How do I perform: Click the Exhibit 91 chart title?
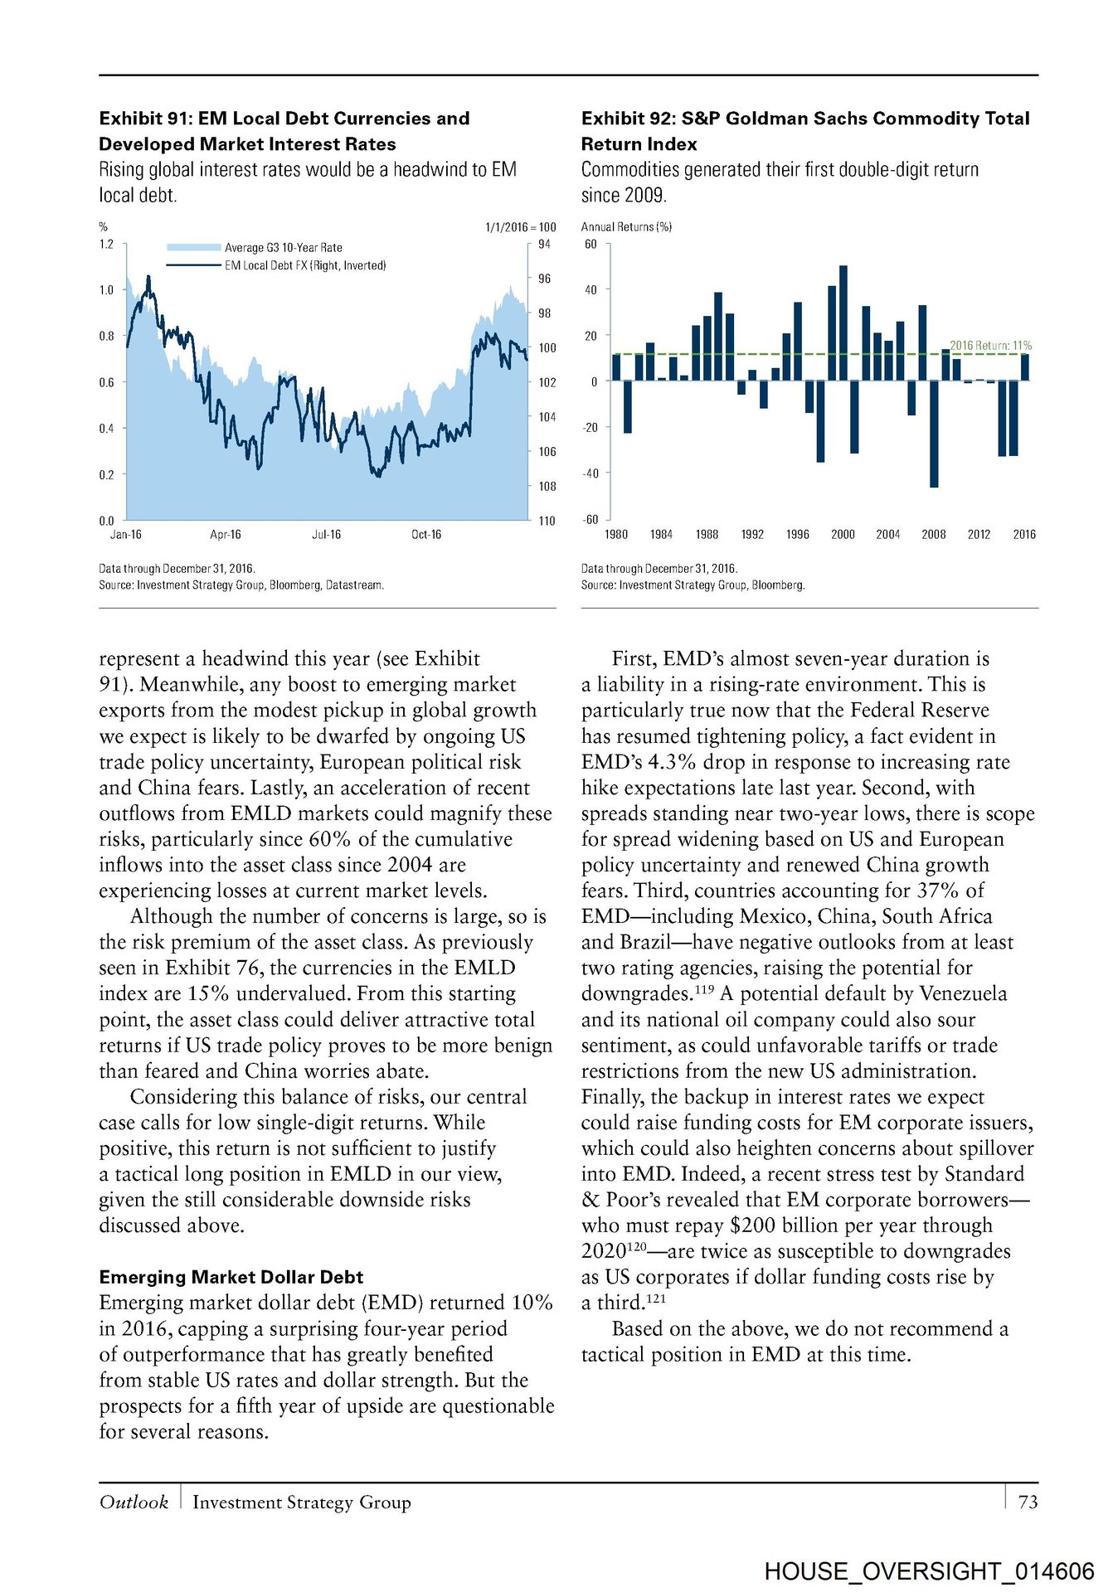pos(284,131)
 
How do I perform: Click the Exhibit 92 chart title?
pos(804,131)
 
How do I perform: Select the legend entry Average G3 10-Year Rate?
pos(283,247)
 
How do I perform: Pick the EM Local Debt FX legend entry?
pos(304,265)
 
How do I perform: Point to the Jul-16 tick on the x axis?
pos(326,535)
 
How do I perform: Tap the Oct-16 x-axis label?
pos(426,535)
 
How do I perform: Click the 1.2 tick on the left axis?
pos(106,245)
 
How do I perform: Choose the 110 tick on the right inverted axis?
pos(547,521)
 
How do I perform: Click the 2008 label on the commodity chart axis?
pos(933,535)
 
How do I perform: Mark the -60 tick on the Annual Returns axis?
pos(591,520)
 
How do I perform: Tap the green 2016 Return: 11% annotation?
pos(990,345)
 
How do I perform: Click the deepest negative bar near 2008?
pos(934,434)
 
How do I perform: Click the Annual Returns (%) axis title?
pos(626,226)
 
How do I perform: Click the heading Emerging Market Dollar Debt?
pos(231,1277)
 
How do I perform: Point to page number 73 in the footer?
pos(1028,1502)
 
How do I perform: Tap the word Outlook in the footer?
pos(134,1502)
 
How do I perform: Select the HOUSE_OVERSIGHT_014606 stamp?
pos(929,1571)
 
